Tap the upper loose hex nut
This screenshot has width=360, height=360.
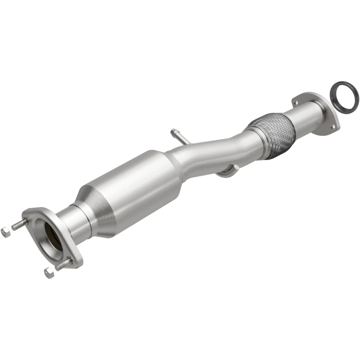coord(6,232)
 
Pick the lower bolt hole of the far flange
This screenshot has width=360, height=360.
coord(333,127)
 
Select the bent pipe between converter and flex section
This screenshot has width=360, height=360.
coord(211,151)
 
